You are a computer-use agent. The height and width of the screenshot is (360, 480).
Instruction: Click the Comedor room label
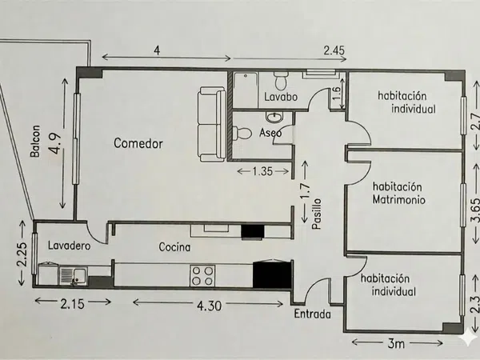[x=138, y=143]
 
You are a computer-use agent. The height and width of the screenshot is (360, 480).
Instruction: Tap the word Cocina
[x=174, y=246]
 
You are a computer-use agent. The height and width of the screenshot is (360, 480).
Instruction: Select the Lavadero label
[x=69, y=246]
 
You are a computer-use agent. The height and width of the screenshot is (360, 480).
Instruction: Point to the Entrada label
[x=313, y=314]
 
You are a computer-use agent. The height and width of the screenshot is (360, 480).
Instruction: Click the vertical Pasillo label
[x=317, y=214]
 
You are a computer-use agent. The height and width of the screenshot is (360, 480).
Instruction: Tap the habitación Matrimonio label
[x=398, y=193]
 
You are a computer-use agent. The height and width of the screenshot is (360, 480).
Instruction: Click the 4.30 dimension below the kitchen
[x=209, y=306]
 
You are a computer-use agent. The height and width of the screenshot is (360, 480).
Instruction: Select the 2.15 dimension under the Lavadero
[x=72, y=304]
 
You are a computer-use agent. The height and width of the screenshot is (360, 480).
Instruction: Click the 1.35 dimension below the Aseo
[x=262, y=171]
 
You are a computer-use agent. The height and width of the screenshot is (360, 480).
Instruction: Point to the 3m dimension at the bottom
[x=396, y=344]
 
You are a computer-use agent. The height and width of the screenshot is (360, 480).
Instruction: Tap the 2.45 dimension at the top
[x=334, y=50]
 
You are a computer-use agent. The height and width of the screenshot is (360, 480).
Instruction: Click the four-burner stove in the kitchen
[x=202, y=276]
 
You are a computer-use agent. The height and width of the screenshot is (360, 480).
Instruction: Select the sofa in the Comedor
[x=213, y=124]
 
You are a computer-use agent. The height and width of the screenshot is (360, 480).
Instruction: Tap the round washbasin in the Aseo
[x=274, y=117]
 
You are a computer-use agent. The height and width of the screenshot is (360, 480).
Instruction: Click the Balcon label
[x=35, y=141]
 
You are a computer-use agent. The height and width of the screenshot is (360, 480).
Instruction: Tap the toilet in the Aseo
[x=242, y=134]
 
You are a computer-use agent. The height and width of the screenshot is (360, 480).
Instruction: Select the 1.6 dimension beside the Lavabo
[x=336, y=94]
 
